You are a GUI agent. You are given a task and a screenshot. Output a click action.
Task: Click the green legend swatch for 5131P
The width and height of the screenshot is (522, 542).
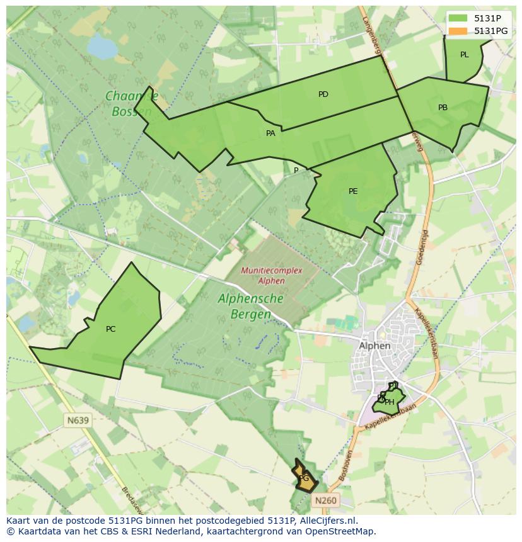(458, 18)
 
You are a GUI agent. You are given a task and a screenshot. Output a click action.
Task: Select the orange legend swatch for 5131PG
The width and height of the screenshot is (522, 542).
(458, 31)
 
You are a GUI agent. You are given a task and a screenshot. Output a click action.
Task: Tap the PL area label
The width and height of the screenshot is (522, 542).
(465, 55)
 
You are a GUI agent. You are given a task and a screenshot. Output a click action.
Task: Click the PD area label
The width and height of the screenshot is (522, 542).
(323, 94)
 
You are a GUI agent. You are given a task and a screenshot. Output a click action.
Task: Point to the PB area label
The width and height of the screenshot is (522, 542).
(443, 108)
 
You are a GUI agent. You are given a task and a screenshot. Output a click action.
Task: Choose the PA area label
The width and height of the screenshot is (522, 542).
(270, 133)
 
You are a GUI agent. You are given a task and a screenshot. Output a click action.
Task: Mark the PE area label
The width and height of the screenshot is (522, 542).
(353, 191)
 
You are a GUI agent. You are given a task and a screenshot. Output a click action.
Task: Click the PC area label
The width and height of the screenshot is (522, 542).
(110, 329)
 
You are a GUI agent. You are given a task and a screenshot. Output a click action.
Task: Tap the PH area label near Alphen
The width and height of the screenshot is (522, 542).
(390, 402)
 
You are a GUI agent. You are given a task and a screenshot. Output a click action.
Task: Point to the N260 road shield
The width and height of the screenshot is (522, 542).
(325, 500)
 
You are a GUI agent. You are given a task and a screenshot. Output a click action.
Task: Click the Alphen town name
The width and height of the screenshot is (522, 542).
(374, 346)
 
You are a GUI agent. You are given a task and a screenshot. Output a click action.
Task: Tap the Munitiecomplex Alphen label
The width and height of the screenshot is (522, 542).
(263, 276)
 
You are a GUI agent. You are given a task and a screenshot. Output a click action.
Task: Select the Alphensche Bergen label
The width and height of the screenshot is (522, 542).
(250, 306)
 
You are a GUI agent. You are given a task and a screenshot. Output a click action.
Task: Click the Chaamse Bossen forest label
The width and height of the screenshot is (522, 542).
(131, 104)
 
